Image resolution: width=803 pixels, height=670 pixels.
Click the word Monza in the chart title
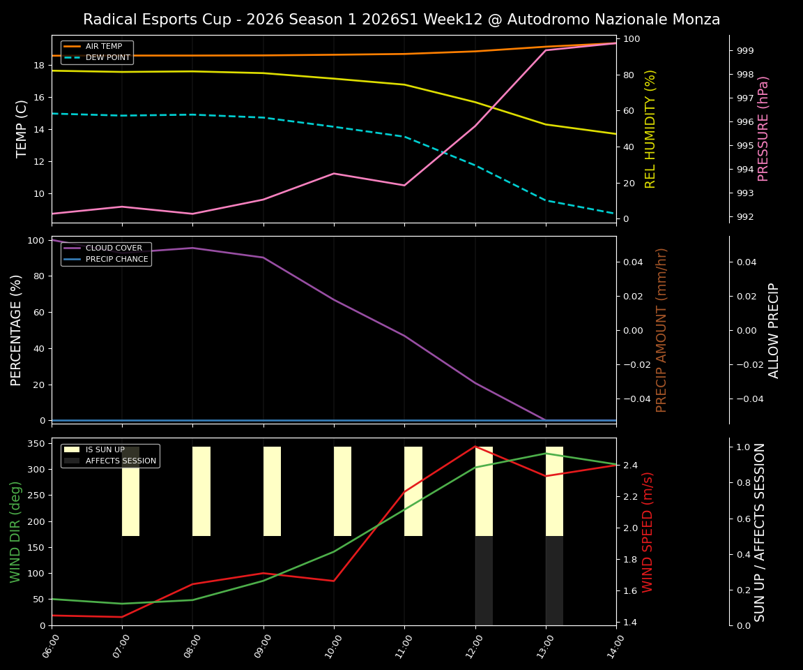click(694, 20)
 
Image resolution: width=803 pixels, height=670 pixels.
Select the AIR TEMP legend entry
click(103, 47)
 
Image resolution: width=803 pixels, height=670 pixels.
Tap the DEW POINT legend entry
click(107, 57)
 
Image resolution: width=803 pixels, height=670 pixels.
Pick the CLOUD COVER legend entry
click(114, 248)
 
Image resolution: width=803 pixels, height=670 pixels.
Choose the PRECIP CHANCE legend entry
click(116, 260)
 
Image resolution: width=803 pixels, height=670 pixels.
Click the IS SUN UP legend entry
click(105, 450)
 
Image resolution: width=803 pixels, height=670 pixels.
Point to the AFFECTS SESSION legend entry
click(121, 461)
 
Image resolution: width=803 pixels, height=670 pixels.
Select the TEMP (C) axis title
click(22, 128)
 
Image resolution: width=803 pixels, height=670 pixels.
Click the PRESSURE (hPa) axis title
click(763, 128)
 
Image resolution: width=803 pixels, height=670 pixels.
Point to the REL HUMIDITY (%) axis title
click(650, 128)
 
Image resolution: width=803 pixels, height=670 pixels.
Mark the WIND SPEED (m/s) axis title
click(648, 532)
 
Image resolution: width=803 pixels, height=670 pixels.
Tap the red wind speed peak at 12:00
click(475, 446)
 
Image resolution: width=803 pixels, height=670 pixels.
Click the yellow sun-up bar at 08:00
click(201, 491)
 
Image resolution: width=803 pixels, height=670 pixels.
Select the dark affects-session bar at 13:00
click(554, 581)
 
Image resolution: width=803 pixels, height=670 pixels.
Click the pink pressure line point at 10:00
click(334, 173)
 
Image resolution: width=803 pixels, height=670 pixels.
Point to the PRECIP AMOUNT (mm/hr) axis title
click(661, 329)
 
